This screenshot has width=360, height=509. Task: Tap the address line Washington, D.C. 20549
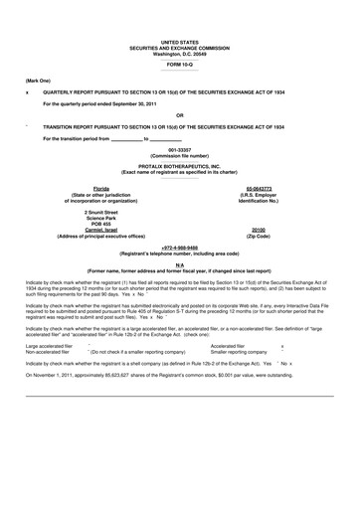[x=179, y=53]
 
